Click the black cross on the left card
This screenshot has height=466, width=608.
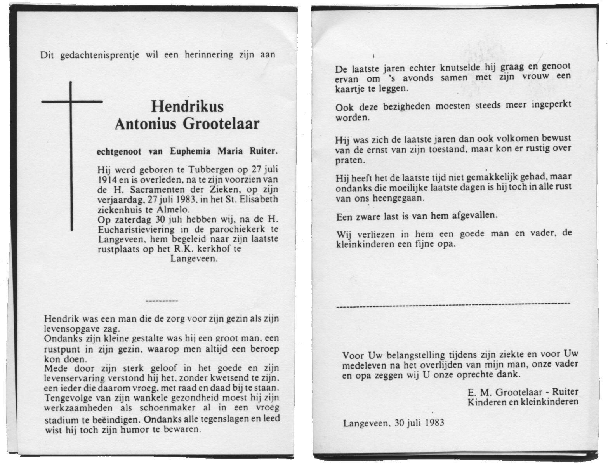tap(71, 155)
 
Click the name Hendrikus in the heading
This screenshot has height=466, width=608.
tap(187, 106)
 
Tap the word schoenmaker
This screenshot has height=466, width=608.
tap(170, 408)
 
